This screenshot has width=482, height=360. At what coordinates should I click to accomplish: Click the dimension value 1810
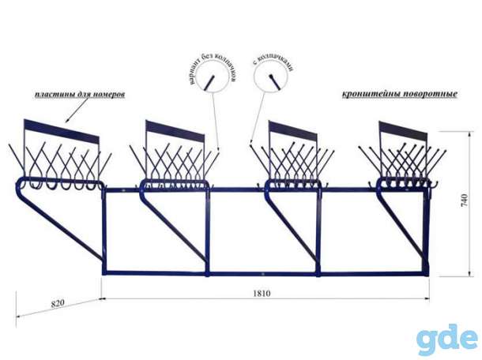[262, 294]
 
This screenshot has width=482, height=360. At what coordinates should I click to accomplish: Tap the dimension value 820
[58, 303]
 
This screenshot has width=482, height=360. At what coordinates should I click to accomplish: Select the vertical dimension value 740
[465, 201]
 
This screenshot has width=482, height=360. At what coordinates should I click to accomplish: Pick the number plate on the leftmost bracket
[62, 131]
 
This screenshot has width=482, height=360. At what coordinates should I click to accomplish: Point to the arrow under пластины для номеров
[81, 111]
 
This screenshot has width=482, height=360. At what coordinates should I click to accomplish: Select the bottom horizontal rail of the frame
[265, 273]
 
